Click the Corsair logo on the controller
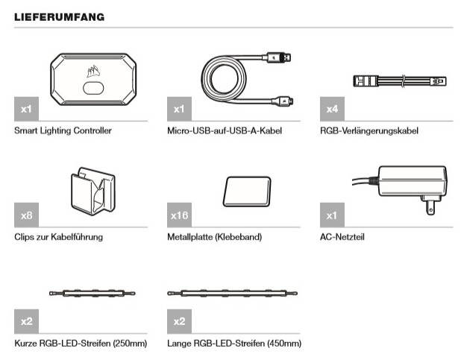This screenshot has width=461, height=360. (92, 73)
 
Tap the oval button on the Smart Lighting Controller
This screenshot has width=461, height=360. (93, 88)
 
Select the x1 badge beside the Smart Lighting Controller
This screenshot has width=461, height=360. (26, 110)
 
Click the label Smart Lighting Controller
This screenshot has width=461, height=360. (63, 130)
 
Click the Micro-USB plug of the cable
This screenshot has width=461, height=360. (284, 99)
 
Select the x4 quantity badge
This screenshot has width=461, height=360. (332, 110)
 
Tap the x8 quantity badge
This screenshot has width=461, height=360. (26, 215)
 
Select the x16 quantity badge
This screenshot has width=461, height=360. (180, 215)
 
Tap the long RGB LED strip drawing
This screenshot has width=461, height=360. (232, 294)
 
